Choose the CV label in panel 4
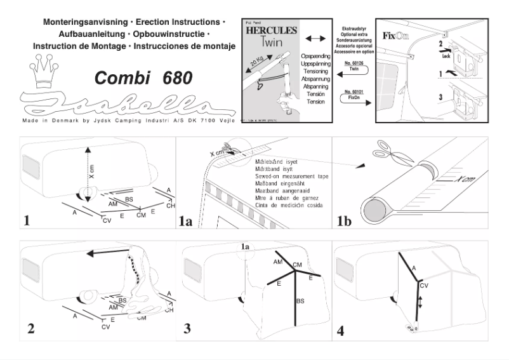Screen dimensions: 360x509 424,286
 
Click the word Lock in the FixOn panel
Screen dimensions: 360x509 446,55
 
